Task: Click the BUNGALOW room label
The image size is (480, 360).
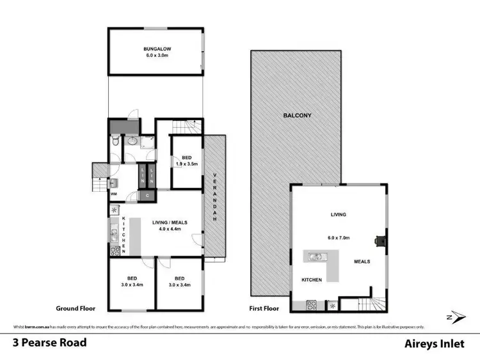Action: (156, 49)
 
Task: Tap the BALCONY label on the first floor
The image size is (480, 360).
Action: (298, 116)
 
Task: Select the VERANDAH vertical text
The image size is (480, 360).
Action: (215, 198)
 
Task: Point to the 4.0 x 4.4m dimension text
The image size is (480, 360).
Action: (174, 228)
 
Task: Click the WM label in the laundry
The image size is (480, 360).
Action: (114, 194)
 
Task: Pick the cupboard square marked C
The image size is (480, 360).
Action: (147, 195)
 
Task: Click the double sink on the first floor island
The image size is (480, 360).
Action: (316, 257)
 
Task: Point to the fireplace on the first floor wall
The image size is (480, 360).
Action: (382, 240)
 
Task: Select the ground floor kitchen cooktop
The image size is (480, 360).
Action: (115, 252)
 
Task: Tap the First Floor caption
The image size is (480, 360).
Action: (264, 308)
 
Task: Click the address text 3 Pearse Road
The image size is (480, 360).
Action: (50, 342)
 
